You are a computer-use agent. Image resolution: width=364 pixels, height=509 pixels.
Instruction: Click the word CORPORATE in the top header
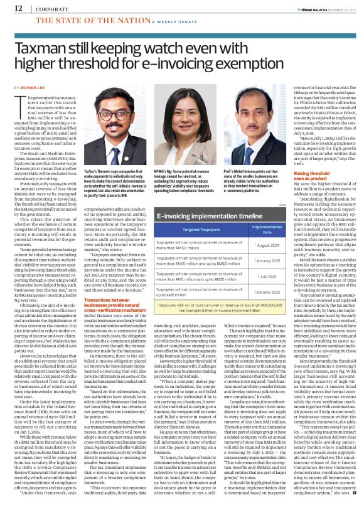click(x=44, y=9)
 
